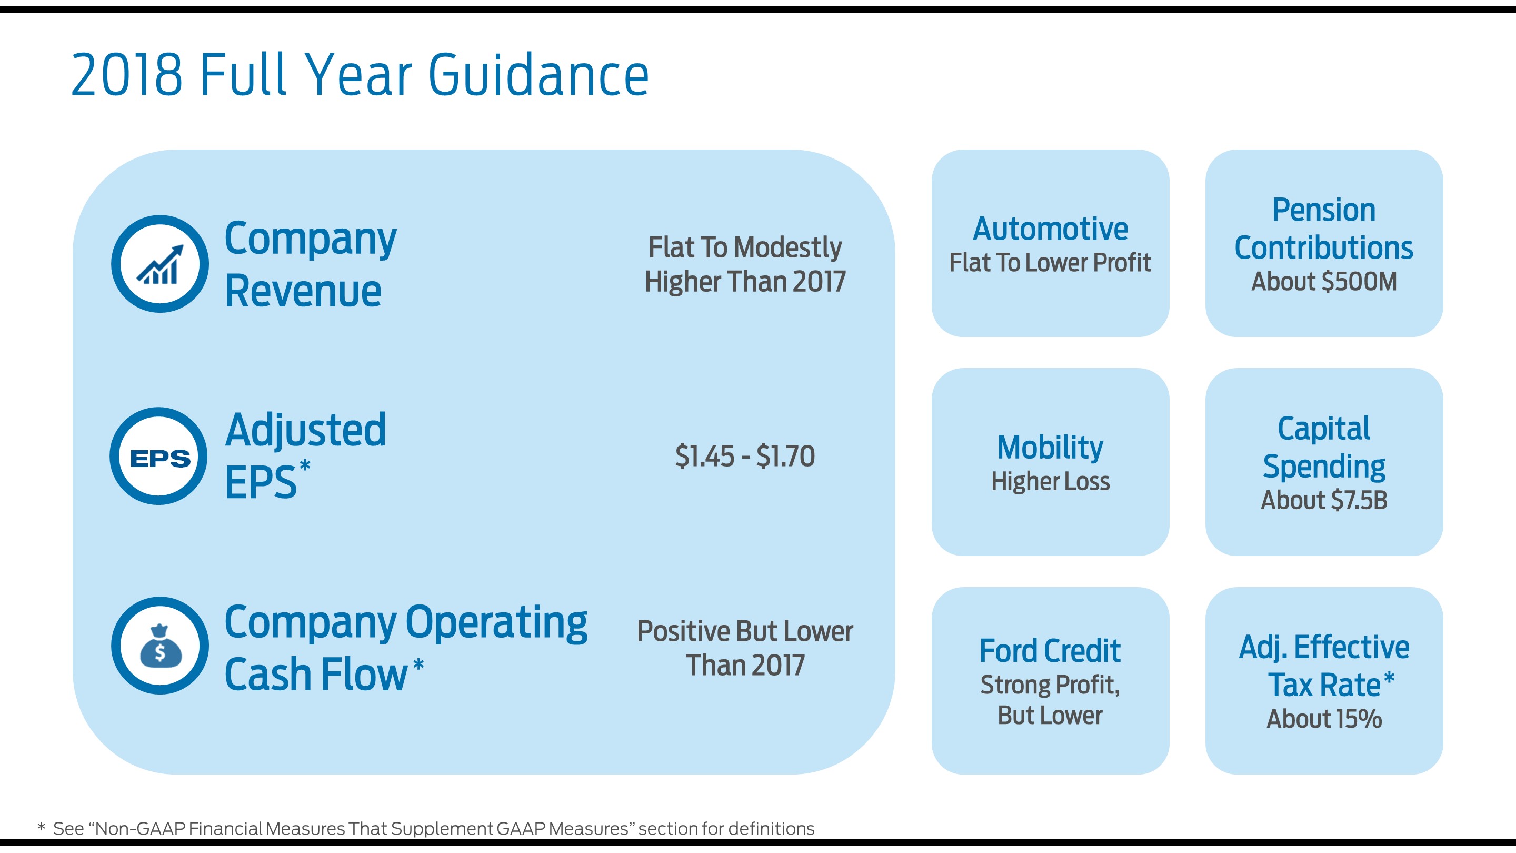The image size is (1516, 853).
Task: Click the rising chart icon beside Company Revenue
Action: [160, 264]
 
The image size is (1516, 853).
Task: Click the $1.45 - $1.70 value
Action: [744, 456]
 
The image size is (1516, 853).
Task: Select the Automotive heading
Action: [1050, 229]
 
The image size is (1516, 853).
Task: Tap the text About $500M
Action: [1323, 281]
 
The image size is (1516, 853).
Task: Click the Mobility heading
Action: [1050, 448]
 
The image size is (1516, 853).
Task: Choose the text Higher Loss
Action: [1050, 482]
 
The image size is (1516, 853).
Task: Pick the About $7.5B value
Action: [1323, 500]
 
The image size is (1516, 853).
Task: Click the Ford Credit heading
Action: [1050, 651]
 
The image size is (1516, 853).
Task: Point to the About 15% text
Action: [1323, 719]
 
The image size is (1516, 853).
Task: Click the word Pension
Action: [1323, 210]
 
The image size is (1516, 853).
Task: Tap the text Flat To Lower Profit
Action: [1050, 263]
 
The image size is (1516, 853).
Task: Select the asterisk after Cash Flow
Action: [418, 665]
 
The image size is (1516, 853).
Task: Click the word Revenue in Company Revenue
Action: [303, 291]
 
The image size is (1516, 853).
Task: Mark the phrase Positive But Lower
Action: [744, 632]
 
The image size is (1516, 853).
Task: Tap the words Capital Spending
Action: [1323, 448]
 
